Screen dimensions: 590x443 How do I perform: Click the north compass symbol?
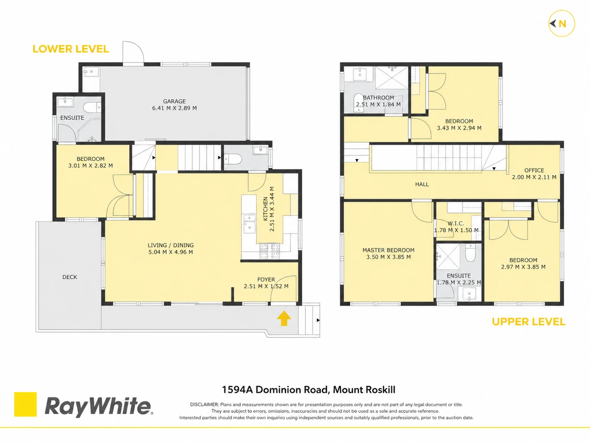coord(562,24)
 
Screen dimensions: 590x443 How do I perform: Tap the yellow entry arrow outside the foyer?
coord(284,318)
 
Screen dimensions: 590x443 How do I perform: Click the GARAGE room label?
coord(174,101)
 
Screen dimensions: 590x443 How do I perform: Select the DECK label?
coord(70,277)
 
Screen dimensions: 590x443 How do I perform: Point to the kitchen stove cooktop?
coord(270,251)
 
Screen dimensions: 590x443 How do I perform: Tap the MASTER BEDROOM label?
coord(388,250)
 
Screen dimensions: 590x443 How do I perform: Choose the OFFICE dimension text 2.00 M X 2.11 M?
coord(534,177)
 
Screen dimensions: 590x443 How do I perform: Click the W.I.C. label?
coord(456,224)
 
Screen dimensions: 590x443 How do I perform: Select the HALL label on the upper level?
coord(422,184)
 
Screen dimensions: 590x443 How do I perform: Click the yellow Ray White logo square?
coord(25,404)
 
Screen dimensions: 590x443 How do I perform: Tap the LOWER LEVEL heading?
coord(71,49)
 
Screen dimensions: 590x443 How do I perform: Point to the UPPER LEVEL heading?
coord(528,322)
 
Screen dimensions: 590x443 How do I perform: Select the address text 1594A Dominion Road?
coord(275,390)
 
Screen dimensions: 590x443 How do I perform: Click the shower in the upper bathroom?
coord(391,78)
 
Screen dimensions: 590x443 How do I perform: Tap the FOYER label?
coord(266,280)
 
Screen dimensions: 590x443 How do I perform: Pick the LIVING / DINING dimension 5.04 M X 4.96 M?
coord(171,252)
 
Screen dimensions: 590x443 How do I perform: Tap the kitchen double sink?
coord(249,224)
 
